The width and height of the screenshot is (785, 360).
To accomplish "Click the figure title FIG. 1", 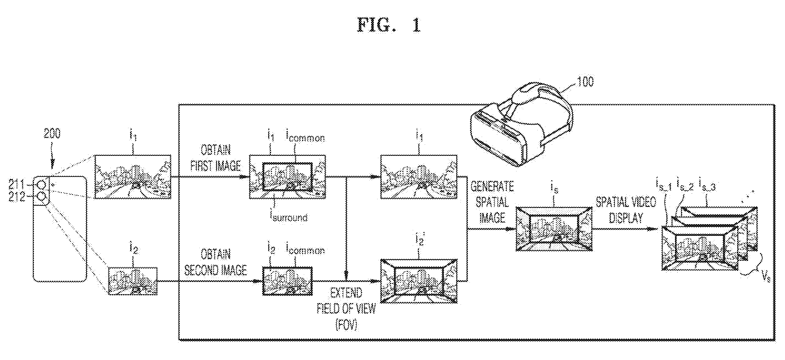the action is [x=389, y=25].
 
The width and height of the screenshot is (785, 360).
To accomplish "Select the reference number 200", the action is [x=52, y=133].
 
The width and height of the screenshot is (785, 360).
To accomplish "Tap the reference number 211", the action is [x=17, y=184].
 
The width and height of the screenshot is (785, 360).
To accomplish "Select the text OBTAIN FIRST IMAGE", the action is [x=216, y=158].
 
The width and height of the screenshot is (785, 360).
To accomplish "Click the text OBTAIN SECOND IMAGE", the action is [x=216, y=262].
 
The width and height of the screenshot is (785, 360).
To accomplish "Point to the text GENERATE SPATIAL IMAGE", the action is [x=492, y=202].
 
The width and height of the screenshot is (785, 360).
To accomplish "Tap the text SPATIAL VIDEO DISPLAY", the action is [x=626, y=210].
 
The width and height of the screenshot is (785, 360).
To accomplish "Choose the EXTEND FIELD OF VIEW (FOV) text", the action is [x=346, y=309].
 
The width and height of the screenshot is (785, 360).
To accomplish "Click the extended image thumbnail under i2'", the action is [x=419, y=281].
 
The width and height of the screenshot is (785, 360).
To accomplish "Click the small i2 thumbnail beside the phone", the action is [x=133, y=281].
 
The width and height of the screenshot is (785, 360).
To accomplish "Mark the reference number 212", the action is [x=17, y=197].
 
